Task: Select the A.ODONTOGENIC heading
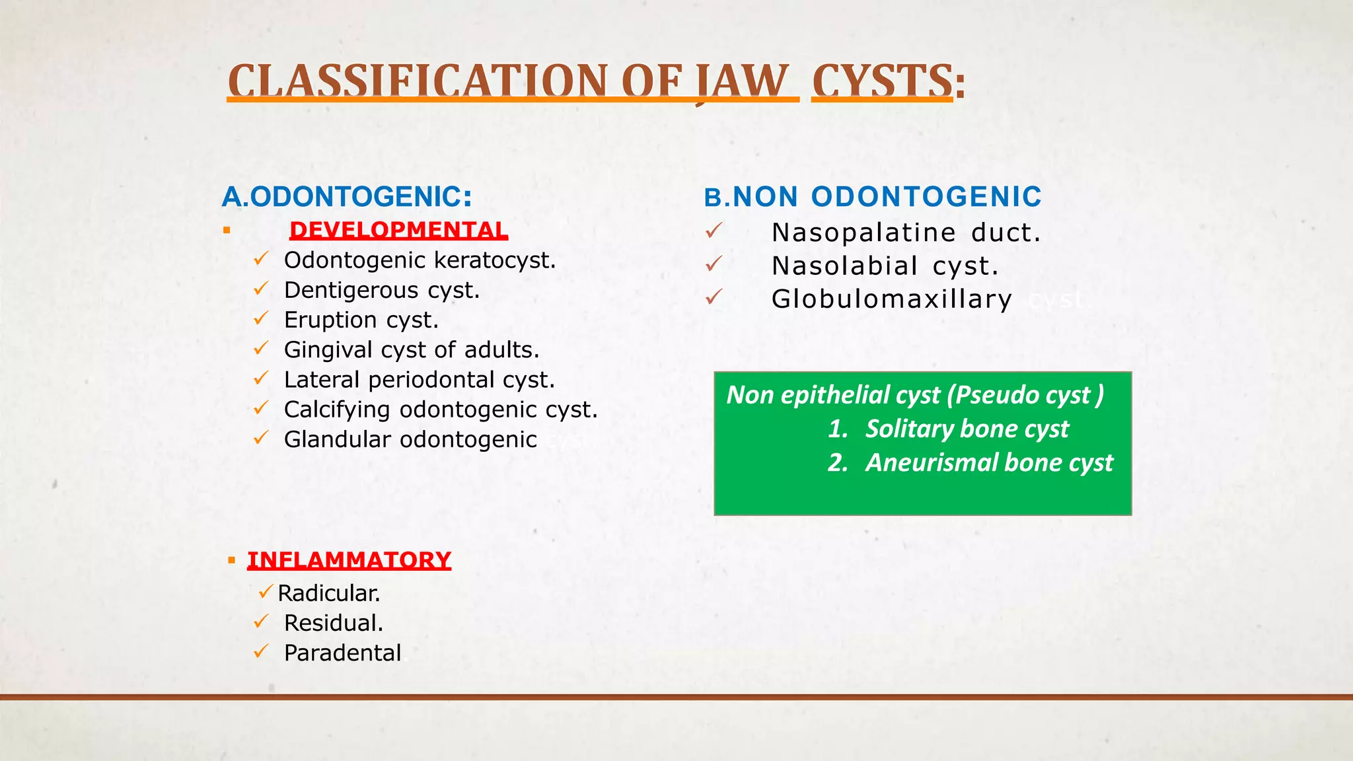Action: point(347,197)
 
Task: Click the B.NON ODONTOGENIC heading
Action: point(873,197)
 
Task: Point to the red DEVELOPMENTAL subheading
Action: point(398,230)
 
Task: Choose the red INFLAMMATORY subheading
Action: point(349,560)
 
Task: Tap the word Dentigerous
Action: point(351,290)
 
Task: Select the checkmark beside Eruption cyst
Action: point(261,319)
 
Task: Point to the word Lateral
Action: point(321,380)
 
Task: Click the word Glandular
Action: point(337,439)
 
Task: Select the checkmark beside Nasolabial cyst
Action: point(713,264)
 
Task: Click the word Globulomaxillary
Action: point(891,299)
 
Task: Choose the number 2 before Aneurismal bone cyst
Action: point(837,462)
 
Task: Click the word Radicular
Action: point(328,593)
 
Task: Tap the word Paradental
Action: point(342,653)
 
